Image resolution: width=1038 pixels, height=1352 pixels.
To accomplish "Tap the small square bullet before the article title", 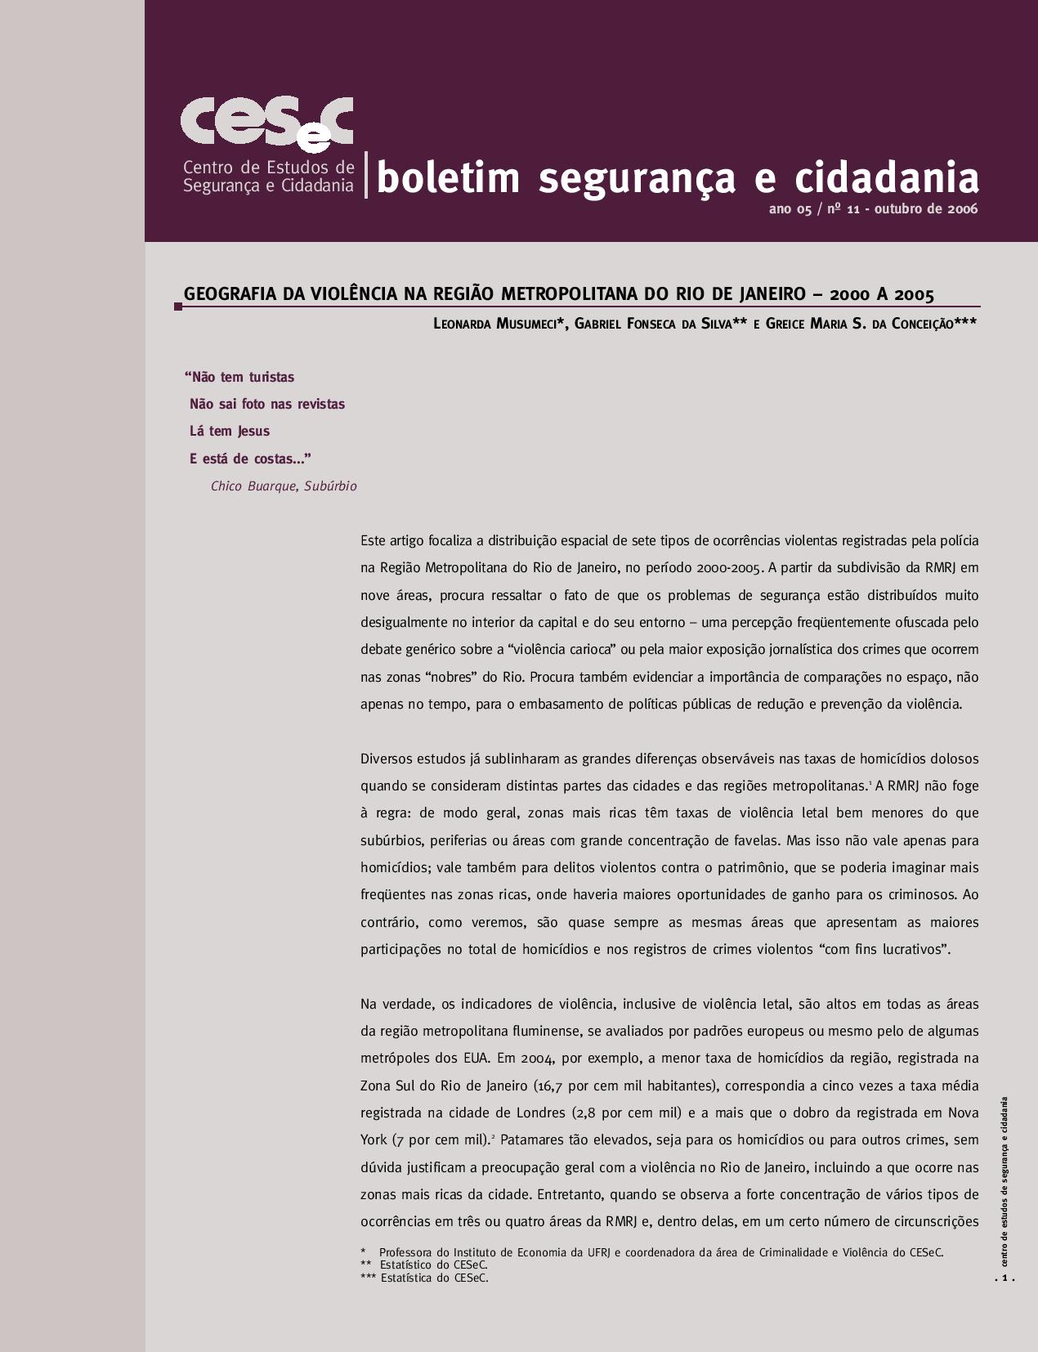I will point(177,307).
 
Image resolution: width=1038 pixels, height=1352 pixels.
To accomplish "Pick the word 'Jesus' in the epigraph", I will point(253,432).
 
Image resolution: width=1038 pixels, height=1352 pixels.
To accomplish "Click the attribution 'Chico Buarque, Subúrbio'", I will point(284,486).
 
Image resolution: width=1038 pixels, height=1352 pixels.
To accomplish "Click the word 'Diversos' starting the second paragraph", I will point(387,759).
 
